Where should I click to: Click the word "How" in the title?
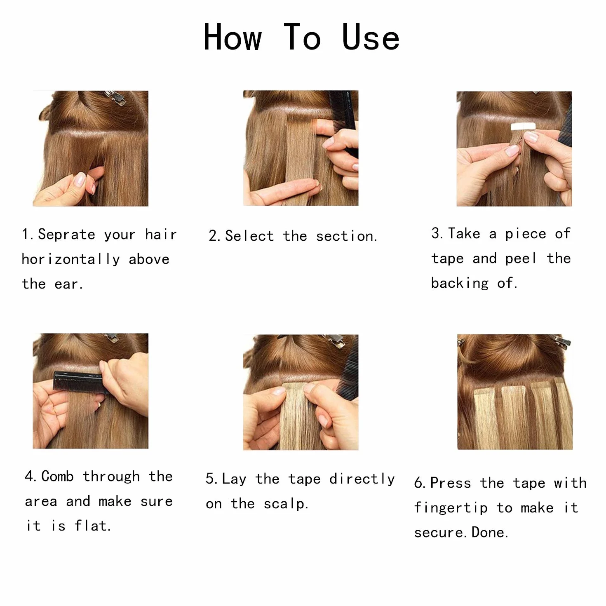pyautogui.click(x=233, y=38)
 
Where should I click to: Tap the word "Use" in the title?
pyautogui.click(x=371, y=38)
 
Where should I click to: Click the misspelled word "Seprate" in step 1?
pyautogui.click(x=66, y=234)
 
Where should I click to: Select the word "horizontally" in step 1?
pyautogui.click(x=71, y=259)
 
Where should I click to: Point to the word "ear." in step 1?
pyautogui.click(x=69, y=284)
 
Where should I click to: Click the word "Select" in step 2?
pyautogui.click(x=249, y=236)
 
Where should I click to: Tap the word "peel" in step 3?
pyautogui.click(x=521, y=259)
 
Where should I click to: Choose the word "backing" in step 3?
pyautogui.click(x=460, y=283)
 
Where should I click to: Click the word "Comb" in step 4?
pyautogui.click(x=58, y=476)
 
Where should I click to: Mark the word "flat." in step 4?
pyautogui.click(x=92, y=526)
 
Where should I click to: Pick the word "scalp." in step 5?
pyautogui.click(x=286, y=504)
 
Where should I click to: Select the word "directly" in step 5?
pyautogui.click(x=362, y=479)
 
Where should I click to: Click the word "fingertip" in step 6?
pyautogui.click(x=451, y=508)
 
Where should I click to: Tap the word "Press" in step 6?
pyautogui.click(x=450, y=483)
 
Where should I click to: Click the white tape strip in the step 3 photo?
pyautogui.click(x=523, y=127)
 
